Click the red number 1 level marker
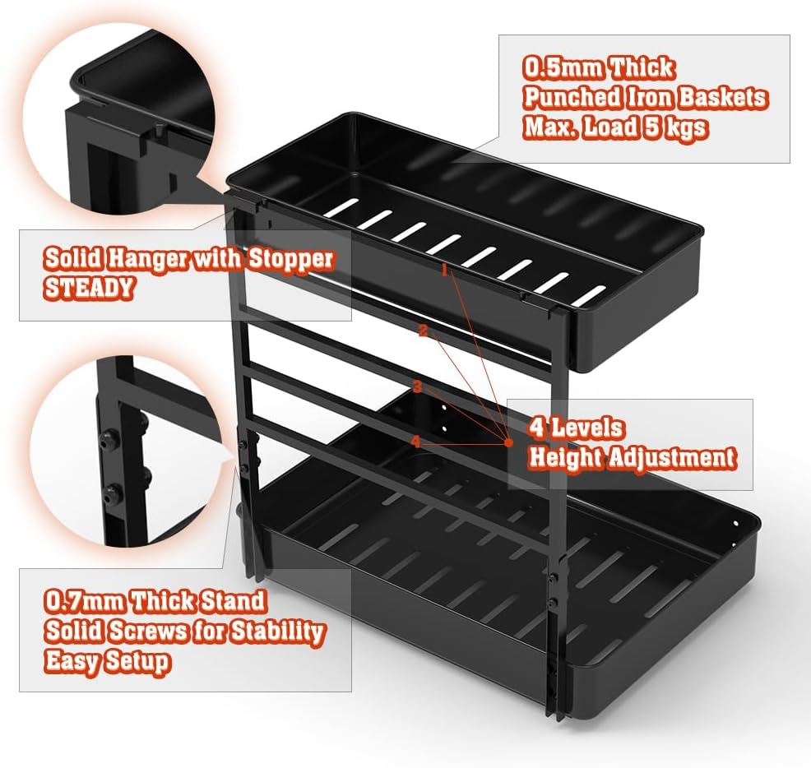[x=444, y=270]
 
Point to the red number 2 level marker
[x=423, y=331]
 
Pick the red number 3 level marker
[x=417, y=386]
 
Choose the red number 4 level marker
[x=415, y=442]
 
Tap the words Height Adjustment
[x=631, y=458]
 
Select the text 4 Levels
[x=576, y=428]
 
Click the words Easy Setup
[x=107, y=661]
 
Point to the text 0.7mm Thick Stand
[x=155, y=601]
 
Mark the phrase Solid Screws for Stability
[x=184, y=632]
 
